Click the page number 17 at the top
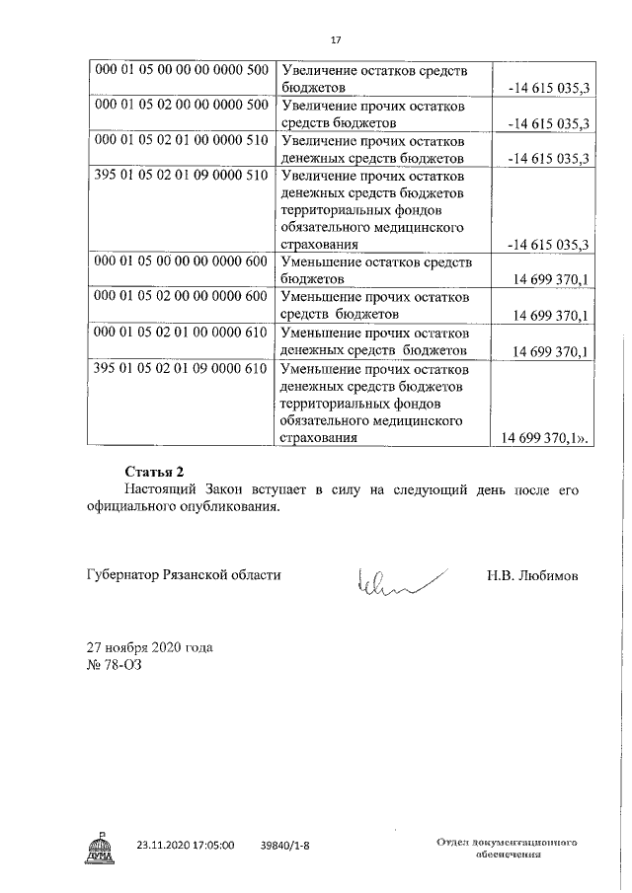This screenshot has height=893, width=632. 335,39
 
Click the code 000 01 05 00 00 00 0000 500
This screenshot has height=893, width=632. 180,71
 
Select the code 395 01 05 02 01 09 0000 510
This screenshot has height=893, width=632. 180,177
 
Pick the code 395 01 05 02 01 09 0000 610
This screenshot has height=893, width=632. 180,369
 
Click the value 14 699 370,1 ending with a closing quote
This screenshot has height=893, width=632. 546,439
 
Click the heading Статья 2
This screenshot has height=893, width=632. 155,471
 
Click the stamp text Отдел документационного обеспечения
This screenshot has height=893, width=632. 506,849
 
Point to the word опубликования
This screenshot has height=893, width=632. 231,508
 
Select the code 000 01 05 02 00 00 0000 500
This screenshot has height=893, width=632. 180,106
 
